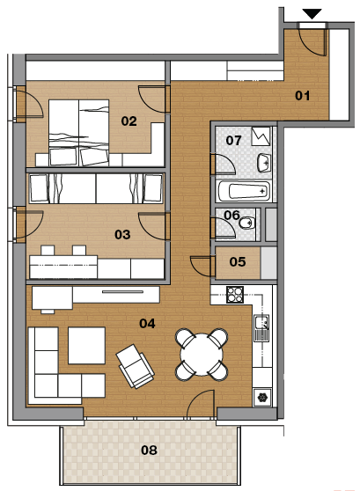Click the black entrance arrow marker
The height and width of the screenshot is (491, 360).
[312, 14]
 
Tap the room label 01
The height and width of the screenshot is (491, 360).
[303, 96]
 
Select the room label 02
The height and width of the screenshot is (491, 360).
[129, 121]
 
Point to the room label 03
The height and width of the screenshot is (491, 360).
[122, 235]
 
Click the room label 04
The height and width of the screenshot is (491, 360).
[147, 324]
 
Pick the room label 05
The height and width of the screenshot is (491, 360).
[238, 262]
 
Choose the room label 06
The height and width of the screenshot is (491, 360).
[231, 215]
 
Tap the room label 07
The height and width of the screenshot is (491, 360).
[234, 140]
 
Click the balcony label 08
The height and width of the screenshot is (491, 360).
[149, 451]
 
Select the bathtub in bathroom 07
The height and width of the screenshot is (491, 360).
[244, 191]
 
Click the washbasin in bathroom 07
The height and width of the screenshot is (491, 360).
[264, 163]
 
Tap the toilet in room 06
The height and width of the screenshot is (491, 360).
[247, 223]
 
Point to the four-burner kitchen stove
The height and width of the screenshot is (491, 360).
[235, 295]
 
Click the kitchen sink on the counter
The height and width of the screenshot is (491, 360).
[261, 328]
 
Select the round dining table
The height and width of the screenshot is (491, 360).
[202, 355]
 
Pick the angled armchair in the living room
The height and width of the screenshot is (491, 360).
[135, 366]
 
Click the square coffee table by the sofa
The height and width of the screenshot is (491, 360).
[86, 346]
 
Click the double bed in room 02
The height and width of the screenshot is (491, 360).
[78, 133]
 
